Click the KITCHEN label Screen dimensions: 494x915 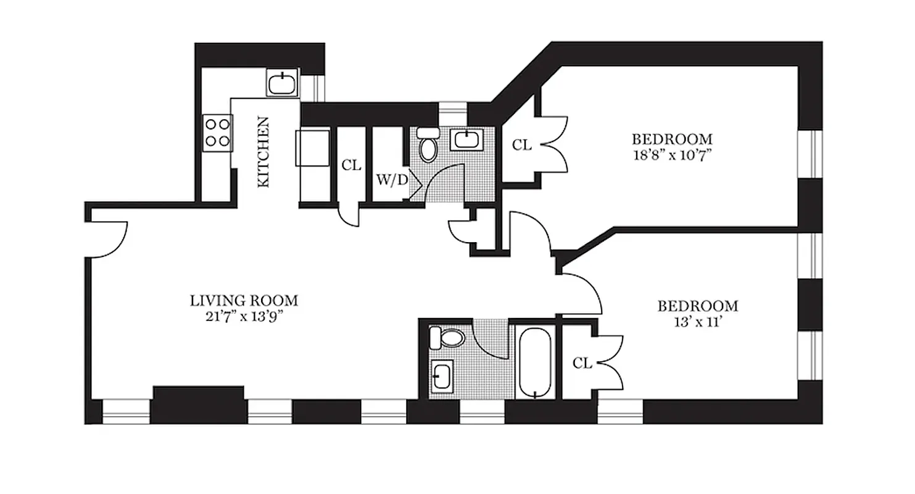263,152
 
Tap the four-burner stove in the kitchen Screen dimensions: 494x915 217,133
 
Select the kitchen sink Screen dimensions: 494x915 283,83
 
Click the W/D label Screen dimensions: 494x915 392,181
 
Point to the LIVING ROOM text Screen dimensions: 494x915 244,301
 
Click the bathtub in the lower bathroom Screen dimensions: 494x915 534,362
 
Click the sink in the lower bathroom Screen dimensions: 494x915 442,375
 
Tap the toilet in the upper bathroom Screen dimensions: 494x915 427,145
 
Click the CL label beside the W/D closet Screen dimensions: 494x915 351,165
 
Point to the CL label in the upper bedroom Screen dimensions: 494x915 522,145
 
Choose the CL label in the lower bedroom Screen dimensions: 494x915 582,363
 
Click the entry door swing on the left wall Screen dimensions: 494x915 109,240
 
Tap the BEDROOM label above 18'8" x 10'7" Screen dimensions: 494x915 671,139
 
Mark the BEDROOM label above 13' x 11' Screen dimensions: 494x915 697,306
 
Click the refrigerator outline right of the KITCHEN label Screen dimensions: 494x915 312,147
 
